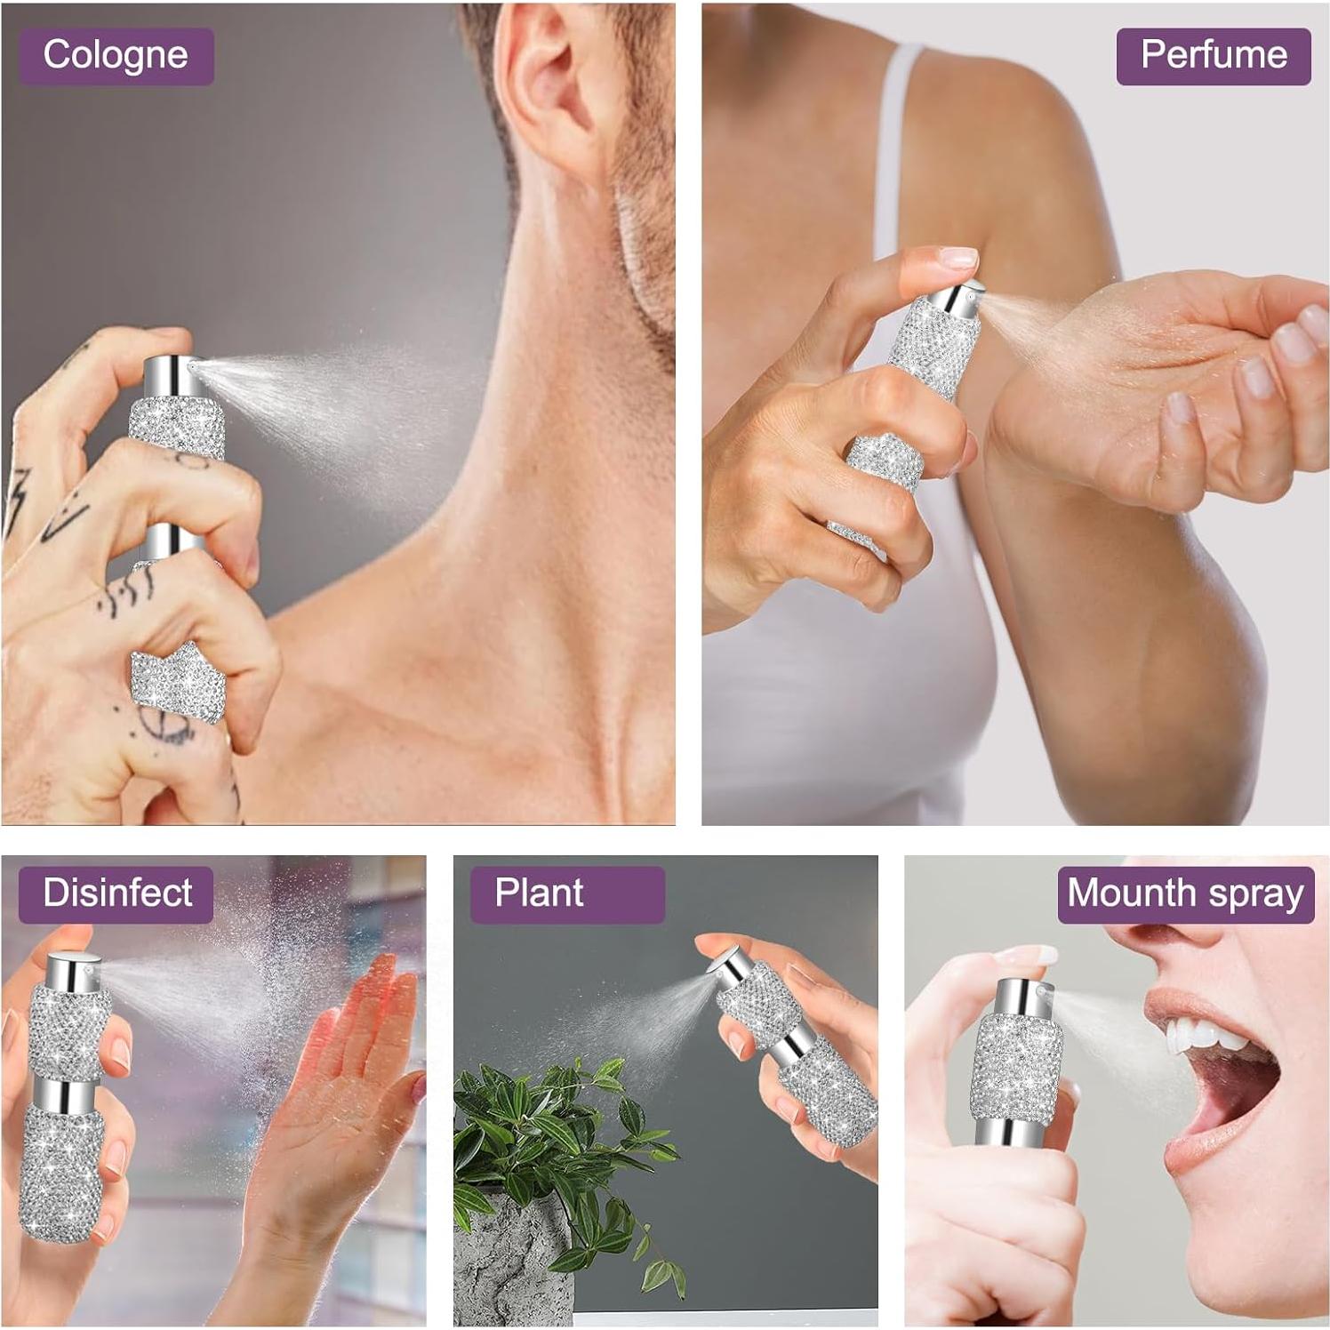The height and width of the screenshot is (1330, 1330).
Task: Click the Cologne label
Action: (116, 56)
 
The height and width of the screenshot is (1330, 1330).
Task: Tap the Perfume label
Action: (1213, 56)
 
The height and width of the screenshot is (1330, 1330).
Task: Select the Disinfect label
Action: (116, 893)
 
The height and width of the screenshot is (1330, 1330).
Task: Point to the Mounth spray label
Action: (1185, 893)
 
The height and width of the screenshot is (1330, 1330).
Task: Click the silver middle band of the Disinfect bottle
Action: (68, 1094)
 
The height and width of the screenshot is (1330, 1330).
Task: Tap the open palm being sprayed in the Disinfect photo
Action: (347, 1094)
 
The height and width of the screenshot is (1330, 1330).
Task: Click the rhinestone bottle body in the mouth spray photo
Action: (1018, 1067)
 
